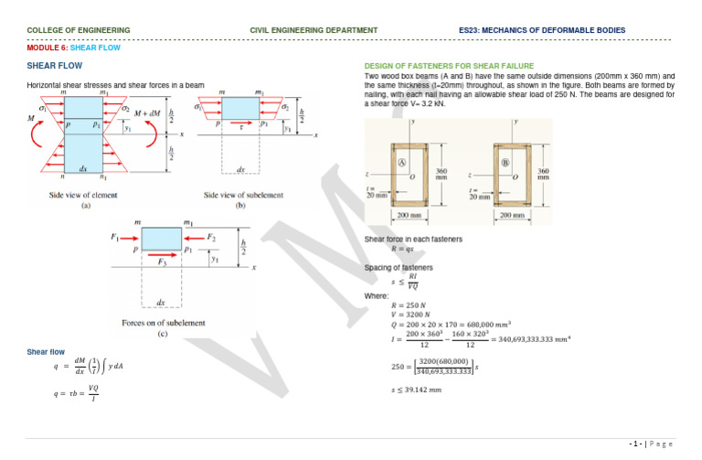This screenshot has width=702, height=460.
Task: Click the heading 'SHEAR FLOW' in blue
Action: [55, 66]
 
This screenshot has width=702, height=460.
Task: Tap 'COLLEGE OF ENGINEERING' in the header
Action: [79, 30]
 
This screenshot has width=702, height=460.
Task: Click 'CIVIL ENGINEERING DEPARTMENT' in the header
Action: [314, 30]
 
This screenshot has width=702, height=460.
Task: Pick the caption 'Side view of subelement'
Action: [243, 195]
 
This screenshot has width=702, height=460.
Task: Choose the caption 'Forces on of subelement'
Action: [163, 323]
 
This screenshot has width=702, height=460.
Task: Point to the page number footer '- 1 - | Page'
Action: [651, 443]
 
